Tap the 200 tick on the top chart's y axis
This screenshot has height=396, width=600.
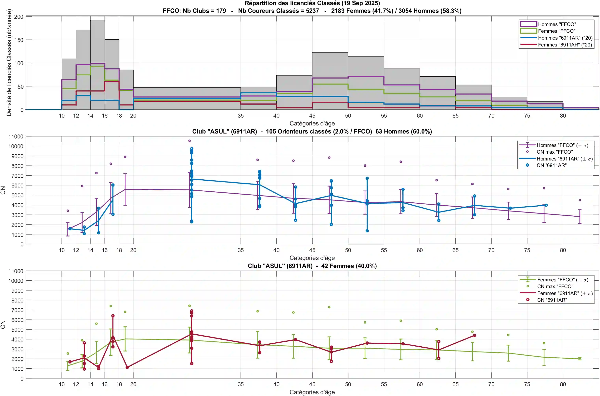point(19,17)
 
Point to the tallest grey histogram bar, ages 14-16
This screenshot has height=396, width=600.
point(98,63)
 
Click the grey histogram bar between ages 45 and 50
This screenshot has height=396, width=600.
point(330,81)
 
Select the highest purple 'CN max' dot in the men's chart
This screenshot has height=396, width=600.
point(189,141)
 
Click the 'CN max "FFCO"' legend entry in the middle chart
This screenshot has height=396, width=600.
point(554,152)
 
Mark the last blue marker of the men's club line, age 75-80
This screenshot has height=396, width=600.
point(546,205)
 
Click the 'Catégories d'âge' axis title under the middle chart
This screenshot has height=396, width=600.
point(312,258)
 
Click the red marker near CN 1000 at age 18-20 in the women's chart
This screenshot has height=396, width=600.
point(127,367)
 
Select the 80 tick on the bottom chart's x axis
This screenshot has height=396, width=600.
point(563,384)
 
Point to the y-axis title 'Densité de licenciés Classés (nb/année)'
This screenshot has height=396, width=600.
point(9,63)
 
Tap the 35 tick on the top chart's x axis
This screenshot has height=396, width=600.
point(241,116)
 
